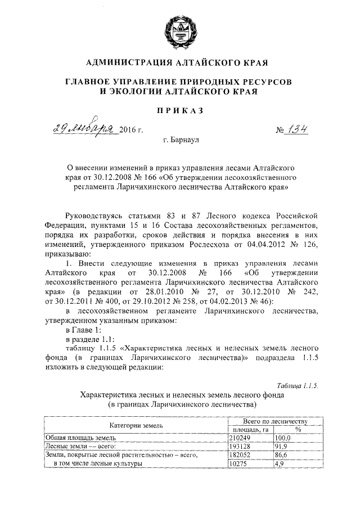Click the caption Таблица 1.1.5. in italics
click(x=298, y=385)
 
